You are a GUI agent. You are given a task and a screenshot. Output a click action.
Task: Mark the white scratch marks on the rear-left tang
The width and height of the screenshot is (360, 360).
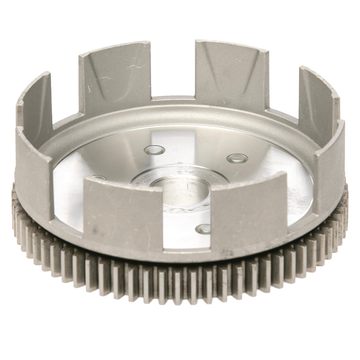point(108,77)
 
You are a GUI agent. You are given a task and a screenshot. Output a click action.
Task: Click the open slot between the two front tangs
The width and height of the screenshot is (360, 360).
point(187,230)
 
